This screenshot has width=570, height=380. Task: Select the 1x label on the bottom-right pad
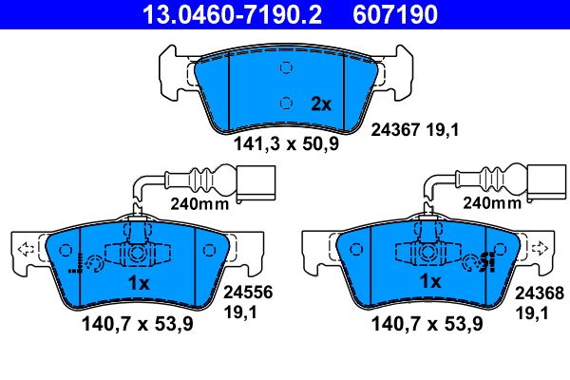pyautogui.click(x=430, y=282)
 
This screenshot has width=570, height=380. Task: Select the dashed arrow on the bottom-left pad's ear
pyautogui.click(x=26, y=250)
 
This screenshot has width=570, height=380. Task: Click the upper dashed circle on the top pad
pyautogui.click(x=284, y=67)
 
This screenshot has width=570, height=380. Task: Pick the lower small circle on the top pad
pyautogui.click(x=283, y=104)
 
